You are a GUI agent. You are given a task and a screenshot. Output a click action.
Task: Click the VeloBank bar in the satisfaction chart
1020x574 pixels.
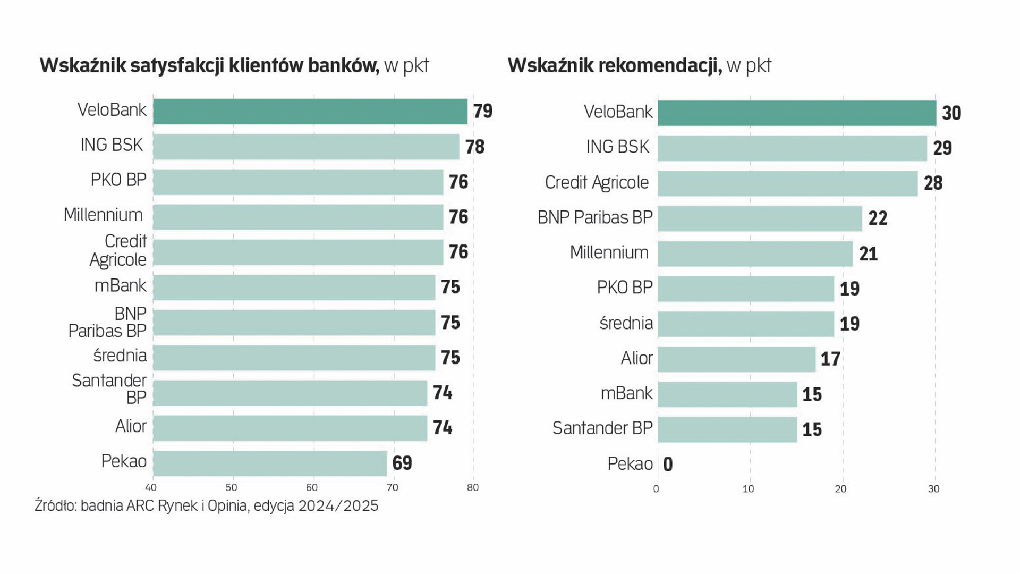(x=310, y=112)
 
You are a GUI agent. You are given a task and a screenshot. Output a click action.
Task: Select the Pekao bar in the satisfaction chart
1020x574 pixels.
(x=270, y=463)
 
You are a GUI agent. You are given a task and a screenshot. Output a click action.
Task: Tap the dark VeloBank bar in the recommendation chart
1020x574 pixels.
(x=797, y=113)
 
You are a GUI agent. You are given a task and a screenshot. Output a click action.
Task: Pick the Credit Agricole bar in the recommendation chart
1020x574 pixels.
(x=787, y=183)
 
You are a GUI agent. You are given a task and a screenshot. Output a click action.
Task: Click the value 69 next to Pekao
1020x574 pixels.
(x=402, y=463)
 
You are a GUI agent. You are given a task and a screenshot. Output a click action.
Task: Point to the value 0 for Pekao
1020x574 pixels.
(x=668, y=465)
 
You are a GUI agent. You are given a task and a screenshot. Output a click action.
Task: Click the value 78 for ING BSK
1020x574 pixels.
(x=475, y=147)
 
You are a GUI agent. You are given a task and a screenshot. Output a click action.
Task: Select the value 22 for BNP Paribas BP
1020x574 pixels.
(x=878, y=218)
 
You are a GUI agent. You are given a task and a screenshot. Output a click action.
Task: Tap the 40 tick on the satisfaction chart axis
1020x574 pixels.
(x=151, y=488)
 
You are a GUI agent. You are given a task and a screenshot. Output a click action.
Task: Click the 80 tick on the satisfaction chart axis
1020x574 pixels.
(x=473, y=488)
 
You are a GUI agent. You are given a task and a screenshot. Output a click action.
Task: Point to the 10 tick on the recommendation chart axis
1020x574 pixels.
(x=748, y=489)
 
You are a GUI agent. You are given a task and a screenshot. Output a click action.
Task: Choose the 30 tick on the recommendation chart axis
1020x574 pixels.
(x=934, y=489)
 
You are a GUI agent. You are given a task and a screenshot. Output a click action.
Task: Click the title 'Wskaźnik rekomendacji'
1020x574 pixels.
(x=614, y=65)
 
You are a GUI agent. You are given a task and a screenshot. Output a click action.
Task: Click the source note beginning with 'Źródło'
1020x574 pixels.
(x=206, y=505)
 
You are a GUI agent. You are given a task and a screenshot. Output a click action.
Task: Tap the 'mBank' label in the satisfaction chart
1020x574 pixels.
(x=120, y=286)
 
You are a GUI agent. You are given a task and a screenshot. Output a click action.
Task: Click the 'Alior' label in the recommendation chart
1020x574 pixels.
(x=636, y=358)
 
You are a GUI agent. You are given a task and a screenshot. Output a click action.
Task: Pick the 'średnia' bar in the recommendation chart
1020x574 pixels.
(x=746, y=324)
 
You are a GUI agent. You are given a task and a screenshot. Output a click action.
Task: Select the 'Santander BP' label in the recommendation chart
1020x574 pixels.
(x=602, y=428)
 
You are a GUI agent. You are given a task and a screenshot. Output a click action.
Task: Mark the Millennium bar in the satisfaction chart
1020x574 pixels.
(x=298, y=217)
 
